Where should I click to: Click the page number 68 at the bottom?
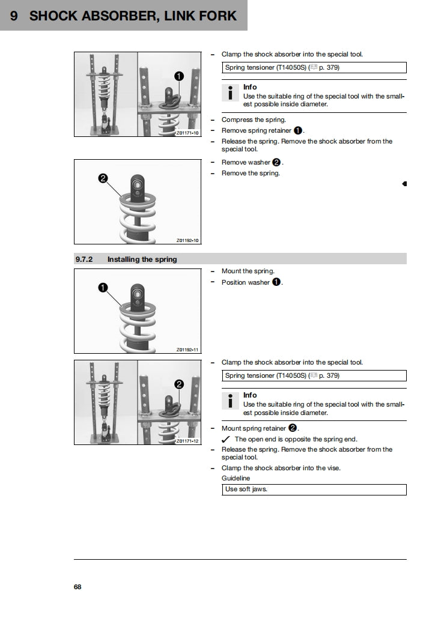[x=78, y=587]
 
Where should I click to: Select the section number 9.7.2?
[x=84, y=259]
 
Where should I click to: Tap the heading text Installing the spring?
[x=142, y=259]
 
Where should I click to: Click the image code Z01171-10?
[x=187, y=133]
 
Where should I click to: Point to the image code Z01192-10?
[x=187, y=240]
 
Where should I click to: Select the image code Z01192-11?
[x=187, y=350]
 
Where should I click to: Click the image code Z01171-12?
[x=187, y=441]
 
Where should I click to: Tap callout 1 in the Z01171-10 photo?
[x=179, y=76]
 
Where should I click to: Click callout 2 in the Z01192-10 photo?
[x=102, y=178]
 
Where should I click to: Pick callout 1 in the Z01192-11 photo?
[x=102, y=288]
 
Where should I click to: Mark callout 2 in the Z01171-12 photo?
[x=178, y=384]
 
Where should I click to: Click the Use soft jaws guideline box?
[x=314, y=489]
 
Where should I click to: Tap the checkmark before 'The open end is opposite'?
[x=226, y=439]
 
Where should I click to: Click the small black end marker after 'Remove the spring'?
[x=404, y=183]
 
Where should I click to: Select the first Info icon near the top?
[x=230, y=92]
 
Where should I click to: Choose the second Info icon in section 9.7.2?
[x=230, y=401]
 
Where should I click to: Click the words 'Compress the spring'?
[x=254, y=120]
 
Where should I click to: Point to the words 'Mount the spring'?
[x=248, y=271]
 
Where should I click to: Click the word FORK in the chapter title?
[x=215, y=16]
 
